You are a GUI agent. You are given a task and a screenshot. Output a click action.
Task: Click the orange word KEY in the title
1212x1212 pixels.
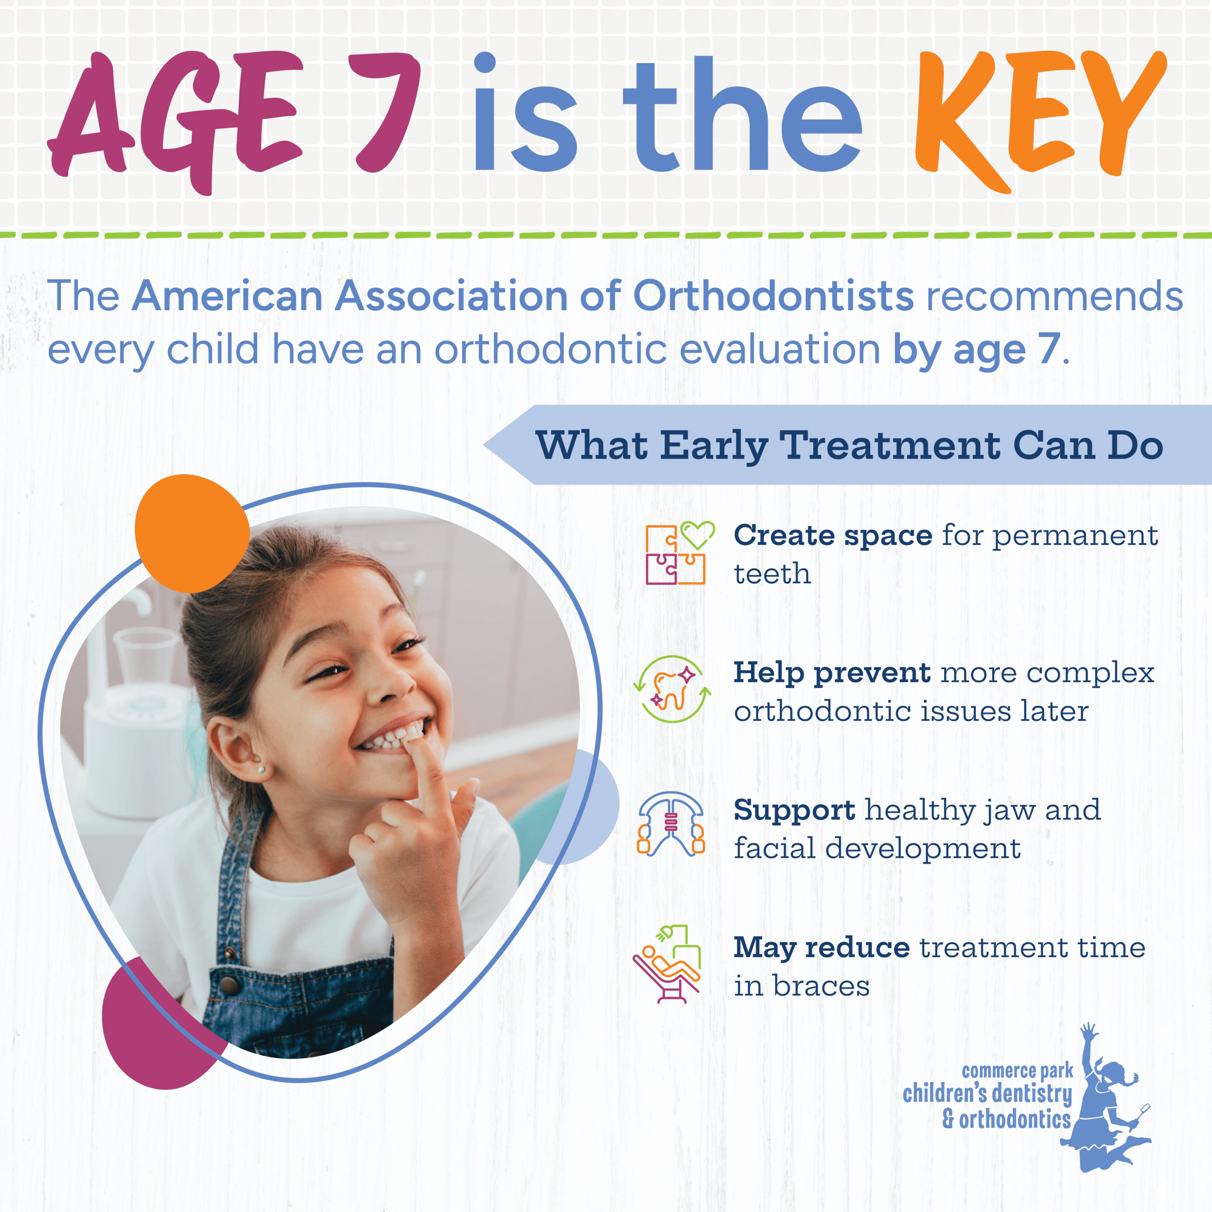[x=1038, y=116]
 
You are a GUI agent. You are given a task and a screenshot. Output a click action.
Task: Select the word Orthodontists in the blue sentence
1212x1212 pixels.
[x=773, y=295]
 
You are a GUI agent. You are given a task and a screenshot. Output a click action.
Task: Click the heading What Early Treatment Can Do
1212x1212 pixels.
[x=849, y=446]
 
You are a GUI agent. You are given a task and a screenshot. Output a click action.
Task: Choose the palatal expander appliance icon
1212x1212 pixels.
[x=670, y=824]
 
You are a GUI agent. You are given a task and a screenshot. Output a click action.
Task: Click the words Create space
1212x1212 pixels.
[x=832, y=535]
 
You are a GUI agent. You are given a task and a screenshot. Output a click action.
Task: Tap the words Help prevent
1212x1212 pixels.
[x=832, y=672]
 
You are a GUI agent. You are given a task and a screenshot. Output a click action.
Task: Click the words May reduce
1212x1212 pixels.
[x=821, y=947]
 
